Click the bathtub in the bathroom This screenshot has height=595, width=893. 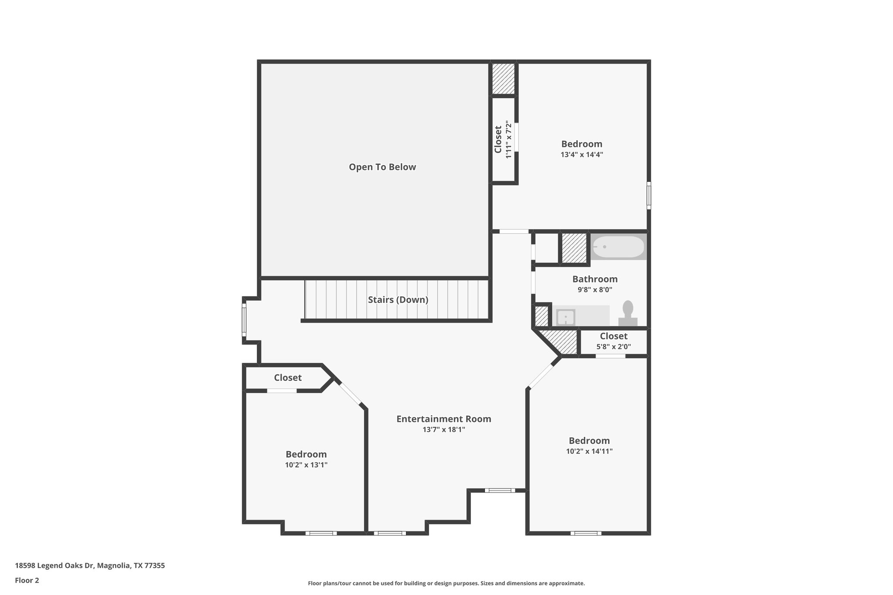coord(618,247)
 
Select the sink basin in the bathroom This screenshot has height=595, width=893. coord(566,317)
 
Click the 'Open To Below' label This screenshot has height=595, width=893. coord(382,167)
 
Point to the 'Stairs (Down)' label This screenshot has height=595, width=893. coord(398,300)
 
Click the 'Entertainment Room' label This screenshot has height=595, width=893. coord(443,419)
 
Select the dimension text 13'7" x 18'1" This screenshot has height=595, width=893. coord(443,430)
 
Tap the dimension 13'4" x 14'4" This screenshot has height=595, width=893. coord(582,154)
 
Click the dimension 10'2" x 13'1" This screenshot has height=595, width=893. coord(306,465)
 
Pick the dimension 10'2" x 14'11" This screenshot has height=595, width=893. coord(589,452)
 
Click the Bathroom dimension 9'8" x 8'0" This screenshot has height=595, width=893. coord(595,289)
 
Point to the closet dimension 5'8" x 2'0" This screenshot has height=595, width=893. coord(614,347)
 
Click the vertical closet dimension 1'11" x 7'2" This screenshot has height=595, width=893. coord(508,139)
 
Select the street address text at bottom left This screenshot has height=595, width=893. coord(90,566)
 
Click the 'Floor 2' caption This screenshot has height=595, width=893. coord(27,580)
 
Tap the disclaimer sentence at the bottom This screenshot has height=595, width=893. coord(446,583)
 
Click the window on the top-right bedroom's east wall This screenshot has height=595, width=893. coord(648,195)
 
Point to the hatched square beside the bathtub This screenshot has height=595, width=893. coord(574,248)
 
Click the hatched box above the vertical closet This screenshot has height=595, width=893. coord(504,79)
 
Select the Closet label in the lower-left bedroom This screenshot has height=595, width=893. coord(287,377)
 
